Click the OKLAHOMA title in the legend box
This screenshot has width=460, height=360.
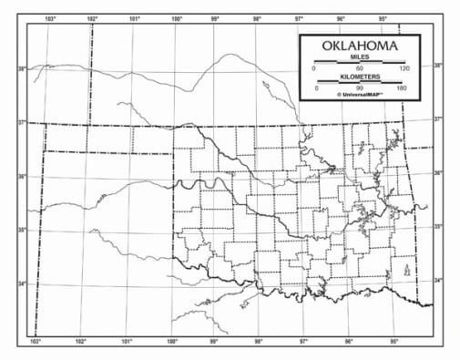pos(360,46)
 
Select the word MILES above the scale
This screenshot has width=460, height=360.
pos(359,57)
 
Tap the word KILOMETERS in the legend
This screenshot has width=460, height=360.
pos(359,77)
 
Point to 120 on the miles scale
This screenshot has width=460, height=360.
pos(404,68)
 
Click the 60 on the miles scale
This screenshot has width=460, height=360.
pos(359,68)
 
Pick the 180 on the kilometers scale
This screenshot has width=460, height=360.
pos(402,87)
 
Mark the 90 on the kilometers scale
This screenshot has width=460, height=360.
pos(359,87)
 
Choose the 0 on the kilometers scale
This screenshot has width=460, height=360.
pos(317,87)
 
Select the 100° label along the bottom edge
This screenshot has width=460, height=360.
pos(171,342)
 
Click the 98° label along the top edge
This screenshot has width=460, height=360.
pos(258,18)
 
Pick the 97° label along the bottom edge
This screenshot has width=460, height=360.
pos(304,342)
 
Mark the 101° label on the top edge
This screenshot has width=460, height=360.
pos(135,18)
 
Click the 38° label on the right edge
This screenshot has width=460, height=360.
pos(437,66)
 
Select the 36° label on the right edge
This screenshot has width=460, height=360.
pos(437,172)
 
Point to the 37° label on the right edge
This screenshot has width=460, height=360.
pos(437,119)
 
